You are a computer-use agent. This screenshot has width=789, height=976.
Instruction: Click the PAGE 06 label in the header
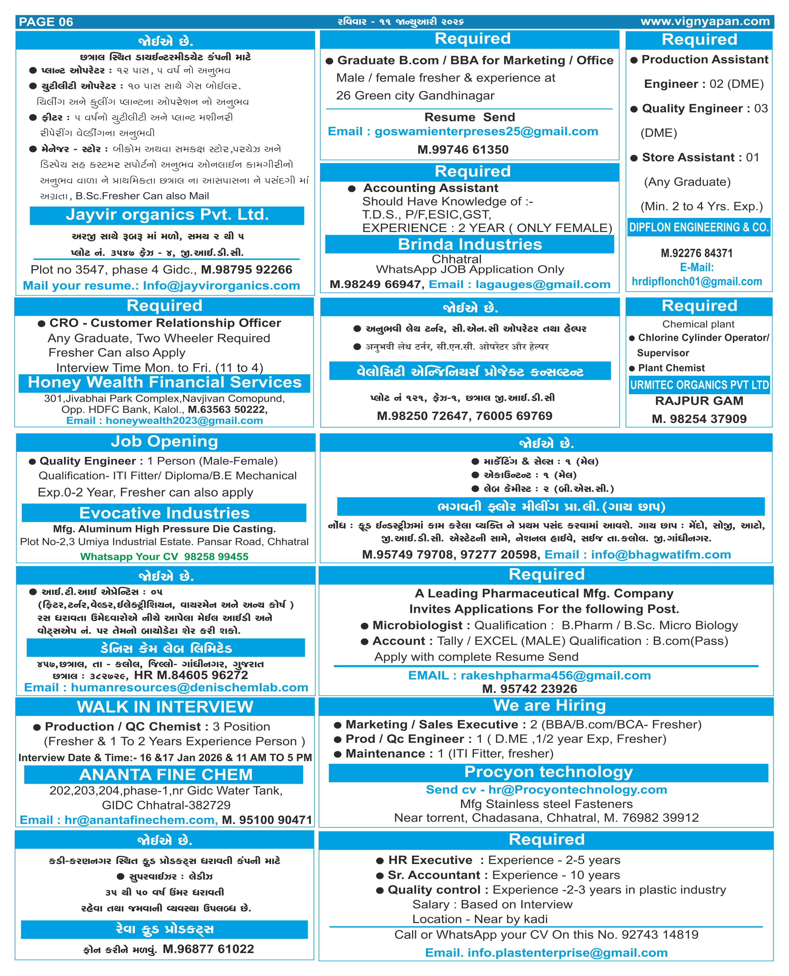[46, 22]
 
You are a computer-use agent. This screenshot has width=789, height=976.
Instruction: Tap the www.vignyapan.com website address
[705, 21]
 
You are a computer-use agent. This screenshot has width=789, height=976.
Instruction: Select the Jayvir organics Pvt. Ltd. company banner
[167, 215]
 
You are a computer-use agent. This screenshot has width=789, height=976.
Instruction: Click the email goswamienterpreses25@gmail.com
[486, 132]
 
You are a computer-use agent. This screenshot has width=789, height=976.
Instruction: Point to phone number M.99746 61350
[463, 150]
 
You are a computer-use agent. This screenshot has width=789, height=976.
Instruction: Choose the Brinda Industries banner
[470, 245]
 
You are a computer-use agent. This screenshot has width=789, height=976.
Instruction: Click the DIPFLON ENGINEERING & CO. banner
[698, 227]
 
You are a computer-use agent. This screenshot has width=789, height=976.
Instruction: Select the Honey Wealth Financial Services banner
[165, 382]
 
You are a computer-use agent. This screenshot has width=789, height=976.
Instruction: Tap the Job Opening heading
[165, 441]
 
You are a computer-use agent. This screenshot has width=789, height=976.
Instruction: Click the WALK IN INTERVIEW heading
[165, 707]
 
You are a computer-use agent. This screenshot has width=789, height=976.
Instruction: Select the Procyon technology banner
[548, 772]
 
